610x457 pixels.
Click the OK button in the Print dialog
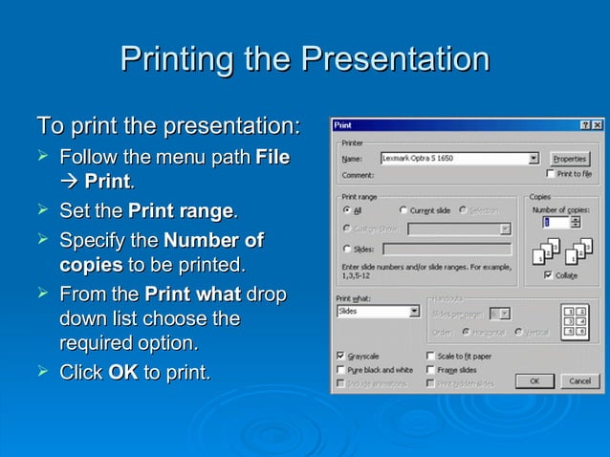(x=534, y=381)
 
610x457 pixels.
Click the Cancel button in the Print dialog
(x=579, y=381)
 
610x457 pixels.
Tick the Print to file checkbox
(x=551, y=174)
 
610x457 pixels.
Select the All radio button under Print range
(x=346, y=209)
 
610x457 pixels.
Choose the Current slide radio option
(x=404, y=209)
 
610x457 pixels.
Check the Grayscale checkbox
(x=341, y=356)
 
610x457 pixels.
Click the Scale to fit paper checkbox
(x=430, y=356)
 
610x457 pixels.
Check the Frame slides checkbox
(x=430, y=369)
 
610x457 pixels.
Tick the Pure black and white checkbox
(x=341, y=369)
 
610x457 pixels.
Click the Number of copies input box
(x=555, y=222)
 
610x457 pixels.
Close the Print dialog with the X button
(x=597, y=125)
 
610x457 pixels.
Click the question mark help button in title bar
(x=584, y=125)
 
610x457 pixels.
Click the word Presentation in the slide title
(x=394, y=59)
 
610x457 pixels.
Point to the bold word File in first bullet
(x=272, y=156)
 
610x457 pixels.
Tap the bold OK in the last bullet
(x=123, y=372)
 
